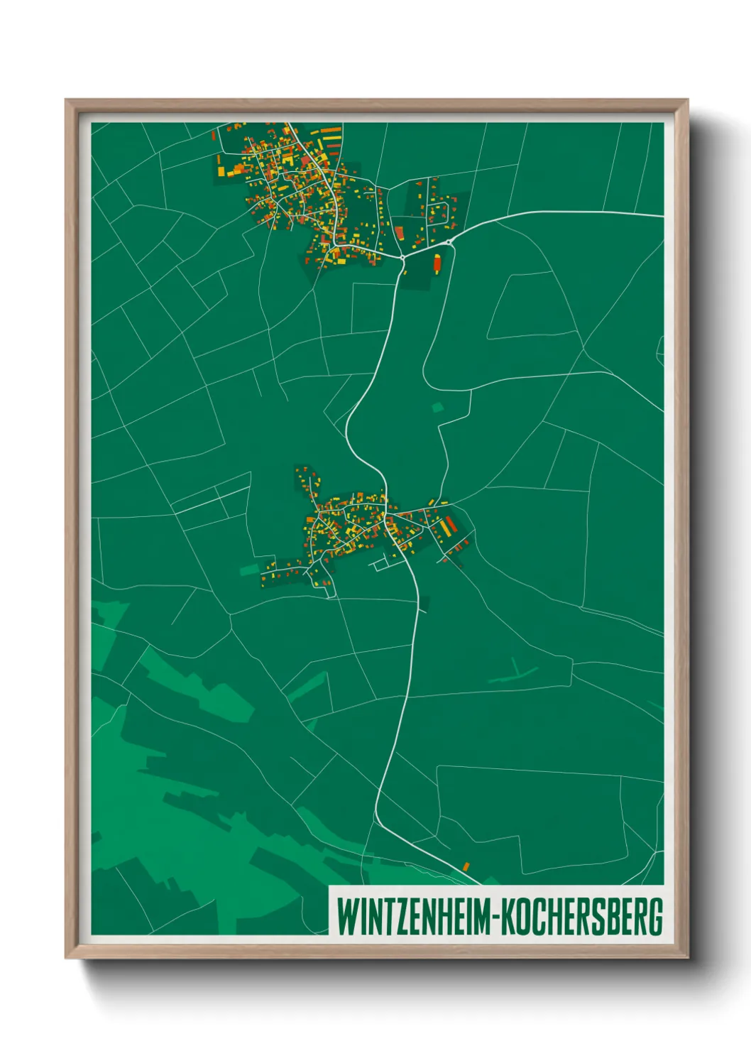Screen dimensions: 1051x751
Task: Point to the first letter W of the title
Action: coord(346,917)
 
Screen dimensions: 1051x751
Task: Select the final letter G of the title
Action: coord(656,917)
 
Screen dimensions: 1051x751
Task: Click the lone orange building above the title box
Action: coord(466,866)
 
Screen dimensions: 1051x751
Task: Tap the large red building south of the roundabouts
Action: coord(437,263)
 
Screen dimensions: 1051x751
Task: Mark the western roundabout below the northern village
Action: coord(402,256)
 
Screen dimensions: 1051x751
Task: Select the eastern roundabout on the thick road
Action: coord(449,242)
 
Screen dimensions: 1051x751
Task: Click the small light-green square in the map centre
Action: coord(437,408)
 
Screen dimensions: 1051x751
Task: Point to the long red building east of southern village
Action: coord(450,525)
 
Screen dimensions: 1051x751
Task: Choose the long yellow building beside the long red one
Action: coord(443,529)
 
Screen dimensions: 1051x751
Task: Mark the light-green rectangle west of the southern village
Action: coord(250,569)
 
